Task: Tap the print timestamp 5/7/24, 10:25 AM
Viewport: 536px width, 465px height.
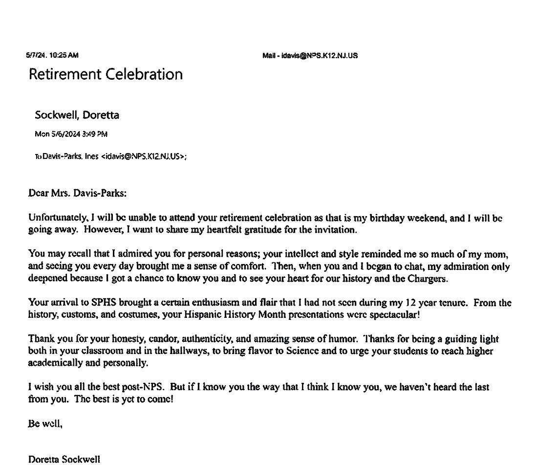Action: tap(52, 56)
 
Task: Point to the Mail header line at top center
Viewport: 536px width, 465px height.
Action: tap(310, 56)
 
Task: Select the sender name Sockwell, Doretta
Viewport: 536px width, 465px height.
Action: tap(77, 115)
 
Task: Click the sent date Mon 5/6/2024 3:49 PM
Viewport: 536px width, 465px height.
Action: tap(71, 134)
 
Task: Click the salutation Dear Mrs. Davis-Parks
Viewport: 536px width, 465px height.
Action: tap(77, 193)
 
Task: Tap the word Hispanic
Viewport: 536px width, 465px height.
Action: tap(203, 314)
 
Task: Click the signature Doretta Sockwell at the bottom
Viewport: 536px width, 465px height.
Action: tap(64, 459)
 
